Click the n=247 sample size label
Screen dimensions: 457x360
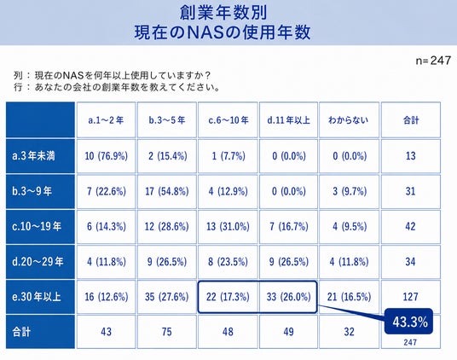click(x=433, y=61)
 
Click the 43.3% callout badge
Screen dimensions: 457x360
click(x=409, y=322)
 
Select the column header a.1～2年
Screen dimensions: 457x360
click(x=106, y=120)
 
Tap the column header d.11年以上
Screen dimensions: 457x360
click(x=288, y=120)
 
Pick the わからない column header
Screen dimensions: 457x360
click(x=349, y=120)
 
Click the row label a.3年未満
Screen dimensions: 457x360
click(x=33, y=156)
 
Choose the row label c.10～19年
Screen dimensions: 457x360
click(x=37, y=227)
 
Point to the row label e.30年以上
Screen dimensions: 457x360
click(x=37, y=297)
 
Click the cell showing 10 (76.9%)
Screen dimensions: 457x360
click(x=106, y=156)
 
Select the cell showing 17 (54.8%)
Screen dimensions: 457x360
click(x=167, y=191)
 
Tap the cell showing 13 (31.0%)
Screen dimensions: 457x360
click(x=228, y=227)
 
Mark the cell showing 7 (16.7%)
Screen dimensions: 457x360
click(x=289, y=227)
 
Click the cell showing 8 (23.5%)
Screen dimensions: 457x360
click(x=228, y=262)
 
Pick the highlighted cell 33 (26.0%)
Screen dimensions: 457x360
click(x=288, y=297)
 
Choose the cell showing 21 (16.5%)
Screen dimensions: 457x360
click(x=349, y=297)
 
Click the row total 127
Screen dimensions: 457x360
click(x=410, y=297)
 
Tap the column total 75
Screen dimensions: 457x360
click(x=167, y=332)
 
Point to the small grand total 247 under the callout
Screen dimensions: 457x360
click(x=410, y=342)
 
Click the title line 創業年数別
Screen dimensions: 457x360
click(x=223, y=12)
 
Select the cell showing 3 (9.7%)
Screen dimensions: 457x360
click(x=350, y=191)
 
